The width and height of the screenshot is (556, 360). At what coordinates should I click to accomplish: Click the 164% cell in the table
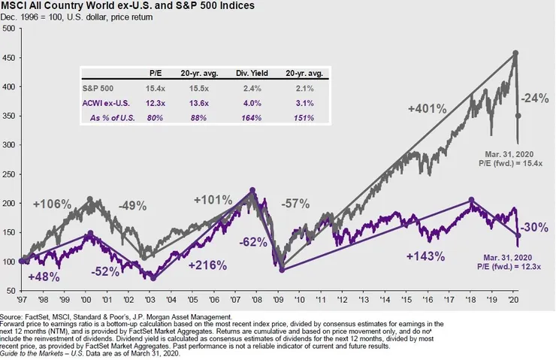point(252,118)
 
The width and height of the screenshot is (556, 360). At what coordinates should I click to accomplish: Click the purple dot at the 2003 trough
point(153,277)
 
